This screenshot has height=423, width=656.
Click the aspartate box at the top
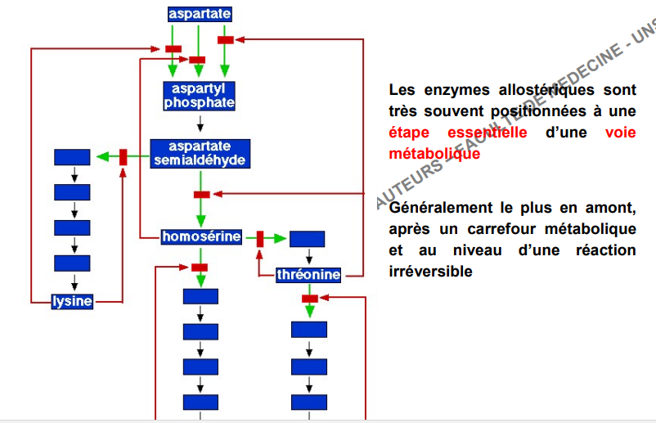tap(200, 14)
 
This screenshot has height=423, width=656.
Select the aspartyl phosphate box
tap(200, 96)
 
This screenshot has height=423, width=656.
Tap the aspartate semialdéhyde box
tap(200, 153)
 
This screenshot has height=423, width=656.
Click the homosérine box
tap(201, 237)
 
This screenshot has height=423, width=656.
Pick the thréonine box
tap(308, 275)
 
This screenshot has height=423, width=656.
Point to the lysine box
tap(72, 301)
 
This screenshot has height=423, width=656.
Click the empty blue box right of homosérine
tap(308, 239)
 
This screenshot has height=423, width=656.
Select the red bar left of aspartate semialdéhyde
tap(124, 156)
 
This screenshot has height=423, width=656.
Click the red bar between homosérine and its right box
tap(260, 239)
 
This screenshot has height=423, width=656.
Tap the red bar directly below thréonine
tap(309, 299)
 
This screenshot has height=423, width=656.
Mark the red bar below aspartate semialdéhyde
tap(201, 194)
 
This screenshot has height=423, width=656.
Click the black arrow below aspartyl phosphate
tap(200, 124)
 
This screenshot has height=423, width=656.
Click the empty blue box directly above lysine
tap(72, 263)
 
